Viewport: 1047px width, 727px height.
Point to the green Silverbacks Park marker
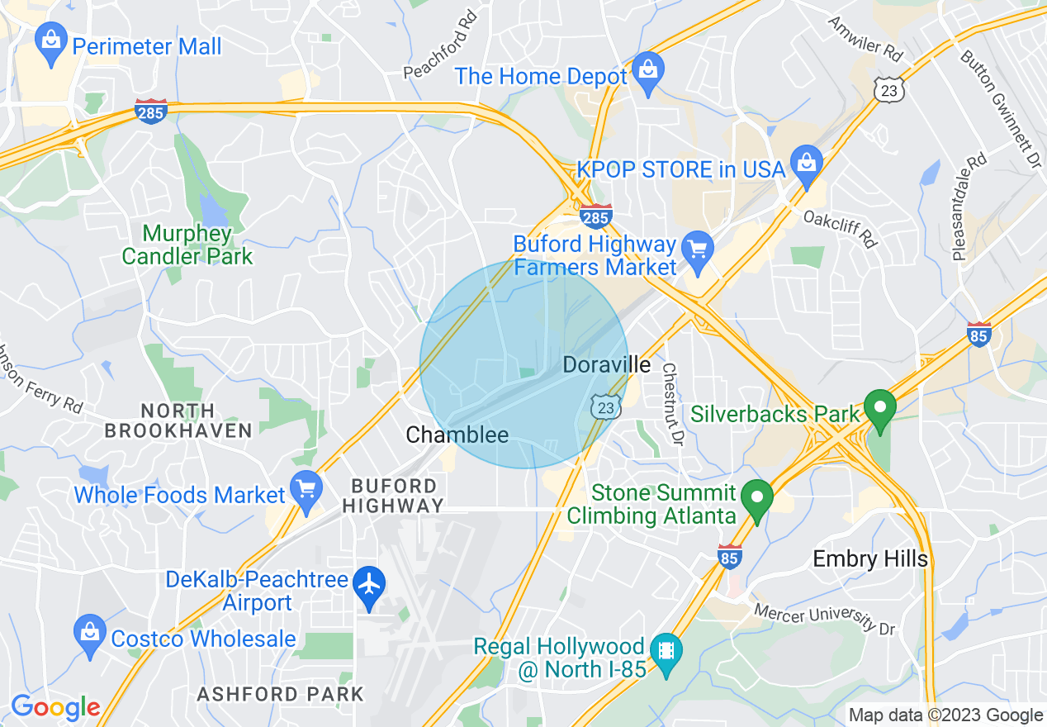point(880,410)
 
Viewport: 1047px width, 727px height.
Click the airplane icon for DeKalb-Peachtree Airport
point(369,586)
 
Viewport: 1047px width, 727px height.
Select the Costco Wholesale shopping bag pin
point(88,635)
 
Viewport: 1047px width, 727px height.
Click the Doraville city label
point(606,364)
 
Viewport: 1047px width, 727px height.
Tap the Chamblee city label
point(457,435)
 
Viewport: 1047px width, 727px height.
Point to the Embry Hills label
point(870,559)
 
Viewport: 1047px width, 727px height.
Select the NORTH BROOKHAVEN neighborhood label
point(178,421)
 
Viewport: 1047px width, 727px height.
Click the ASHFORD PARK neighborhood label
point(280,694)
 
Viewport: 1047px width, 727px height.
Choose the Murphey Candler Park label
point(187,245)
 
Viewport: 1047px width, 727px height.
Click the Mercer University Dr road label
point(824,619)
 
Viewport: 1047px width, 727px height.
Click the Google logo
point(54,708)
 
